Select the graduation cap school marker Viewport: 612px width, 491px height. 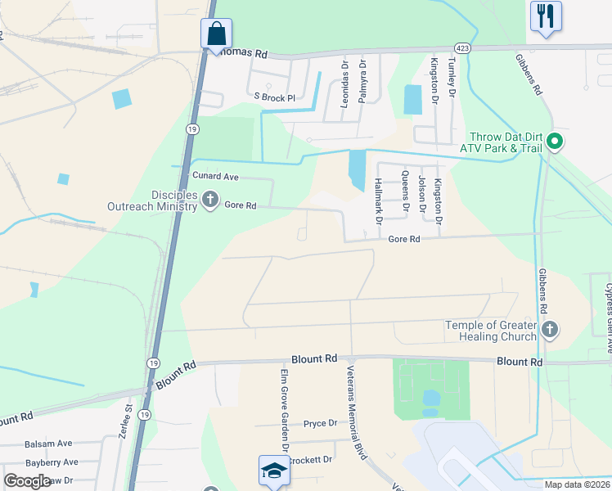click(x=272, y=471)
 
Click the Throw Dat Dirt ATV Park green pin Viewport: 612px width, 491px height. click(x=554, y=142)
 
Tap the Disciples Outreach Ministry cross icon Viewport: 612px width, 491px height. click(x=210, y=199)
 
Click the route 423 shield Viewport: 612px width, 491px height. click(x=463, y=47)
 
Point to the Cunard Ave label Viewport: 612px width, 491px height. click(x=214, y=176)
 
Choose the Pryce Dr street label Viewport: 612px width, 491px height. click(x=320, y=423)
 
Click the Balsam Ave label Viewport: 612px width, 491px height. click(x=48, y=444)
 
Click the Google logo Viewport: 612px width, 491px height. click(x=27, y=481)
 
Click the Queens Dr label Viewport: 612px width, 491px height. click(x=404, y=191)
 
